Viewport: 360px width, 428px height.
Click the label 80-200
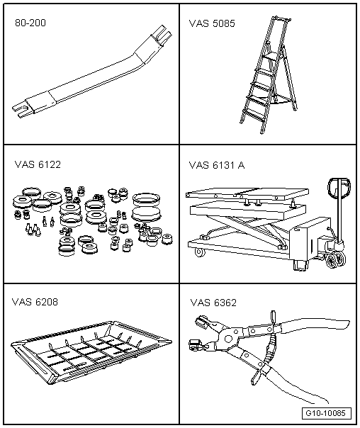click(x=30, y=23)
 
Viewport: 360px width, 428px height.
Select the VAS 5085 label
click(x=212, y=23)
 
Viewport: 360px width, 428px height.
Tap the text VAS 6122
click(x=38, y=164)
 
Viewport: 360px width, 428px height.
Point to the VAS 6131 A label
click(x=217, y=165)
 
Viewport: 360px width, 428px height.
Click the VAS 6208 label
click(x=35, y=302)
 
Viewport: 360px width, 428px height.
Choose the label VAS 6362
click(x=213, y=303)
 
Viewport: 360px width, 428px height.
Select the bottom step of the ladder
click(x=253, y=114)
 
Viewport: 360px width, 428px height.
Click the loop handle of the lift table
click(x=339, y=188)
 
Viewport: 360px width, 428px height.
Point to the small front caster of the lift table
click(x=200, y=252)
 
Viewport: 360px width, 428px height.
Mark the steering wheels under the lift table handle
click(x=335, y=259)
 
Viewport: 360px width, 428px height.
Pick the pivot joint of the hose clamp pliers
click(x=228, y=338)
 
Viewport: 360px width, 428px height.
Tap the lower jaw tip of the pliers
click(x=194, y=344)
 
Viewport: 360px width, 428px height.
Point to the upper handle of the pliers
click(x=314, y=324)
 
